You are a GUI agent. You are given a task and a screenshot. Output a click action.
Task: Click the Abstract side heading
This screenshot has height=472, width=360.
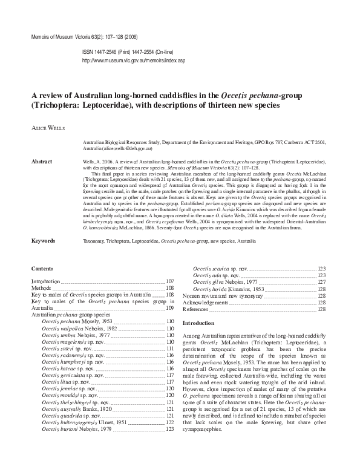[42, 162]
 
